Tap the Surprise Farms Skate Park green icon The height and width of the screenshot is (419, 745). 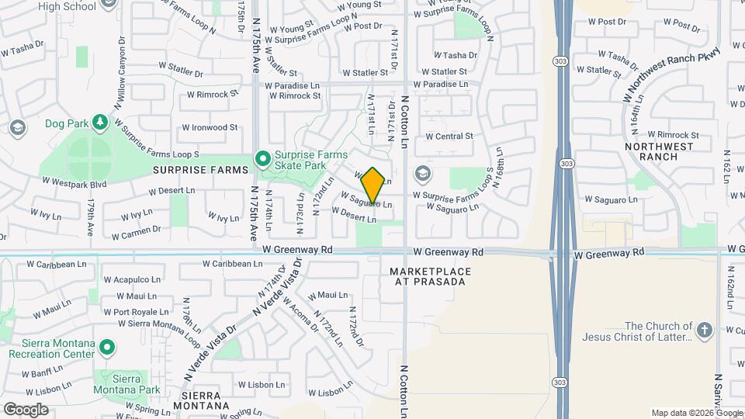(263, 159)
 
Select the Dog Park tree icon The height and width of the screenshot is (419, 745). (99, 123)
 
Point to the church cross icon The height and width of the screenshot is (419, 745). (705, 331)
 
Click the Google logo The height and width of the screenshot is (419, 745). (26, 409)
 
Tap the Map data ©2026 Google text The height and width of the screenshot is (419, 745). (697, 413)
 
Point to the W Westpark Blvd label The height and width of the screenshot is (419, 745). (74, 183)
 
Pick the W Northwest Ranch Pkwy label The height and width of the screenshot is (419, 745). (672, 75)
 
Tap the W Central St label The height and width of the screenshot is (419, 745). (449, 137)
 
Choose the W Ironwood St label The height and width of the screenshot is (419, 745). (210, 127)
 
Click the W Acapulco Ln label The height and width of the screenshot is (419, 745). (133, 279)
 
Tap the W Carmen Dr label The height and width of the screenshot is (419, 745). (136, 233)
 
